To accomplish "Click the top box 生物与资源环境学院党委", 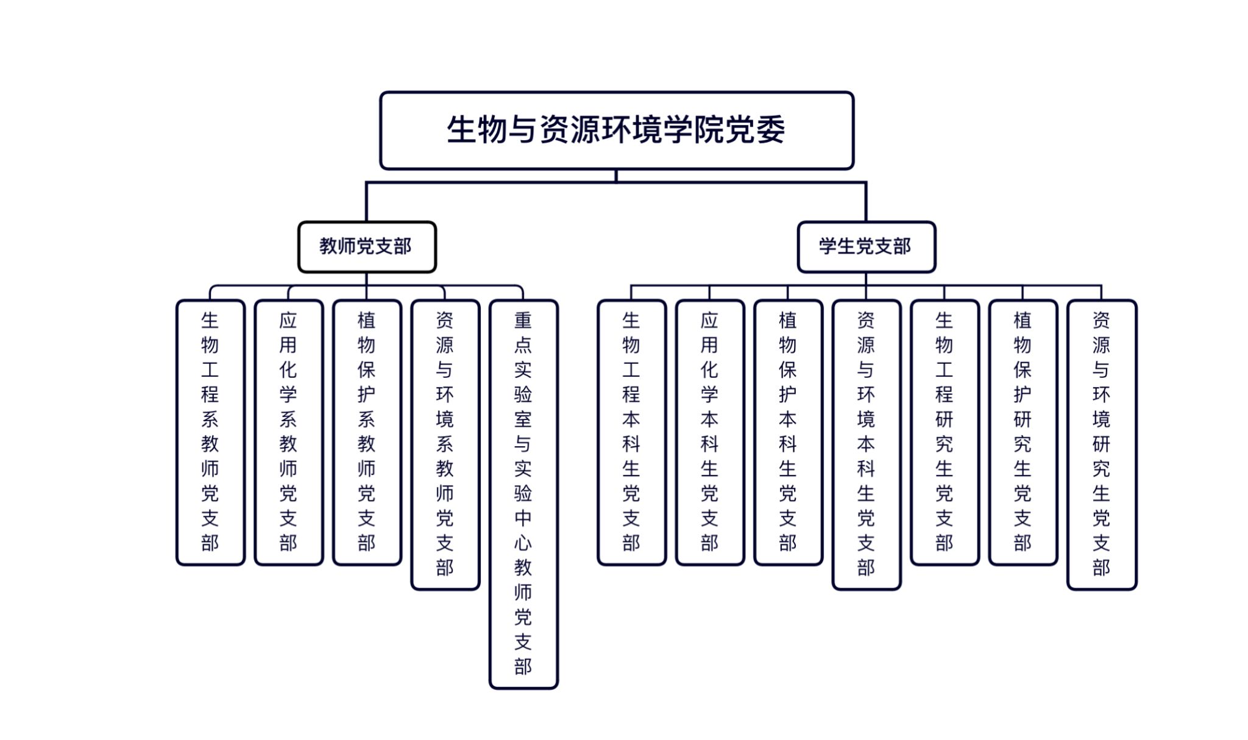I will pos(616,130).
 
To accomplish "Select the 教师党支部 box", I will pos(367,247).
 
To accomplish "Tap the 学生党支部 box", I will pos(866,247).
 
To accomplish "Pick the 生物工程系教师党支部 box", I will pos(210,432).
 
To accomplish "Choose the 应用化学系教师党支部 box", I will pos(288,432).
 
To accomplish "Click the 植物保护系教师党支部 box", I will pos(367,432).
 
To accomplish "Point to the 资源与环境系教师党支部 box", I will pos(445,444).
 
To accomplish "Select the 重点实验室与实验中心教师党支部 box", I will pos(523,494).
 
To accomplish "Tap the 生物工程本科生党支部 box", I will pos(631,432).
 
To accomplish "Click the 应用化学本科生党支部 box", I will pos(709,432).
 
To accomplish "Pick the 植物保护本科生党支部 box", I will pos(788,432).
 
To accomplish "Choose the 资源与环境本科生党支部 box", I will pos(866,444).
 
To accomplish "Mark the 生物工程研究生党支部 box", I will pos(945,432).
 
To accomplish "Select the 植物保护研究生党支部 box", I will pos(1023,432).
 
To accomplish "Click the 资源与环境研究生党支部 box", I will pos(1101,444).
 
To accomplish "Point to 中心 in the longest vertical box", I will pos(523,530).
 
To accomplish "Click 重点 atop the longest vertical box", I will pos(523,333).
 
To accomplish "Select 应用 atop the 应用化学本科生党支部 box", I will pos(709,333).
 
